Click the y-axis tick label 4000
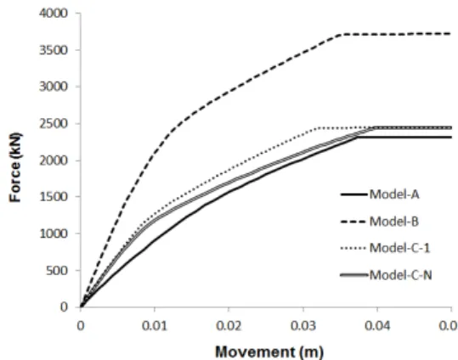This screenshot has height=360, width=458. (54, 13)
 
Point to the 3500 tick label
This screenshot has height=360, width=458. (54, 50)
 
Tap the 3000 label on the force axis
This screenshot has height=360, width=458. (54, 87)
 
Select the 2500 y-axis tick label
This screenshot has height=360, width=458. (54, 123)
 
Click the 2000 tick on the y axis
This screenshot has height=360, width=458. (54, 160)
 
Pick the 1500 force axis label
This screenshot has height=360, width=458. (54, 197)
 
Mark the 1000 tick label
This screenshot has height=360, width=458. (54, 233)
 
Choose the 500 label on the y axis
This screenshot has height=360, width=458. (57, 270)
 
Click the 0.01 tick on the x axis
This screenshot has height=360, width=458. (155, 325)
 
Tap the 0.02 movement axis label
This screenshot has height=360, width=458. (229, 325)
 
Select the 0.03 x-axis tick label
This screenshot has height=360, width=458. (303, 325)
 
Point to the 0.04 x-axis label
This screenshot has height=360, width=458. (377, 325)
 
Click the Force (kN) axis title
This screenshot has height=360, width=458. (15, 167)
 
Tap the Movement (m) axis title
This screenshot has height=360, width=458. (269, 352)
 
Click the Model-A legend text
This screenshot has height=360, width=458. (394, 194)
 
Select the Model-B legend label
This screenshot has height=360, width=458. (394, 222)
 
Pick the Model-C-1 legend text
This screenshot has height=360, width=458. (400, 248)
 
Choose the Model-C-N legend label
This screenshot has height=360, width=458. (400, 275)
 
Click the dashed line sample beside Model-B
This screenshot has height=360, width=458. (353, 222)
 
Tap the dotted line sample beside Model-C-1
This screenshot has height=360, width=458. (353, 249)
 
